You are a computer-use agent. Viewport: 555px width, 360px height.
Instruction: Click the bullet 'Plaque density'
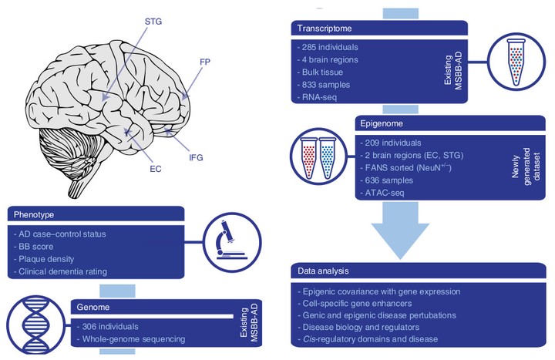pos(49,260)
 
